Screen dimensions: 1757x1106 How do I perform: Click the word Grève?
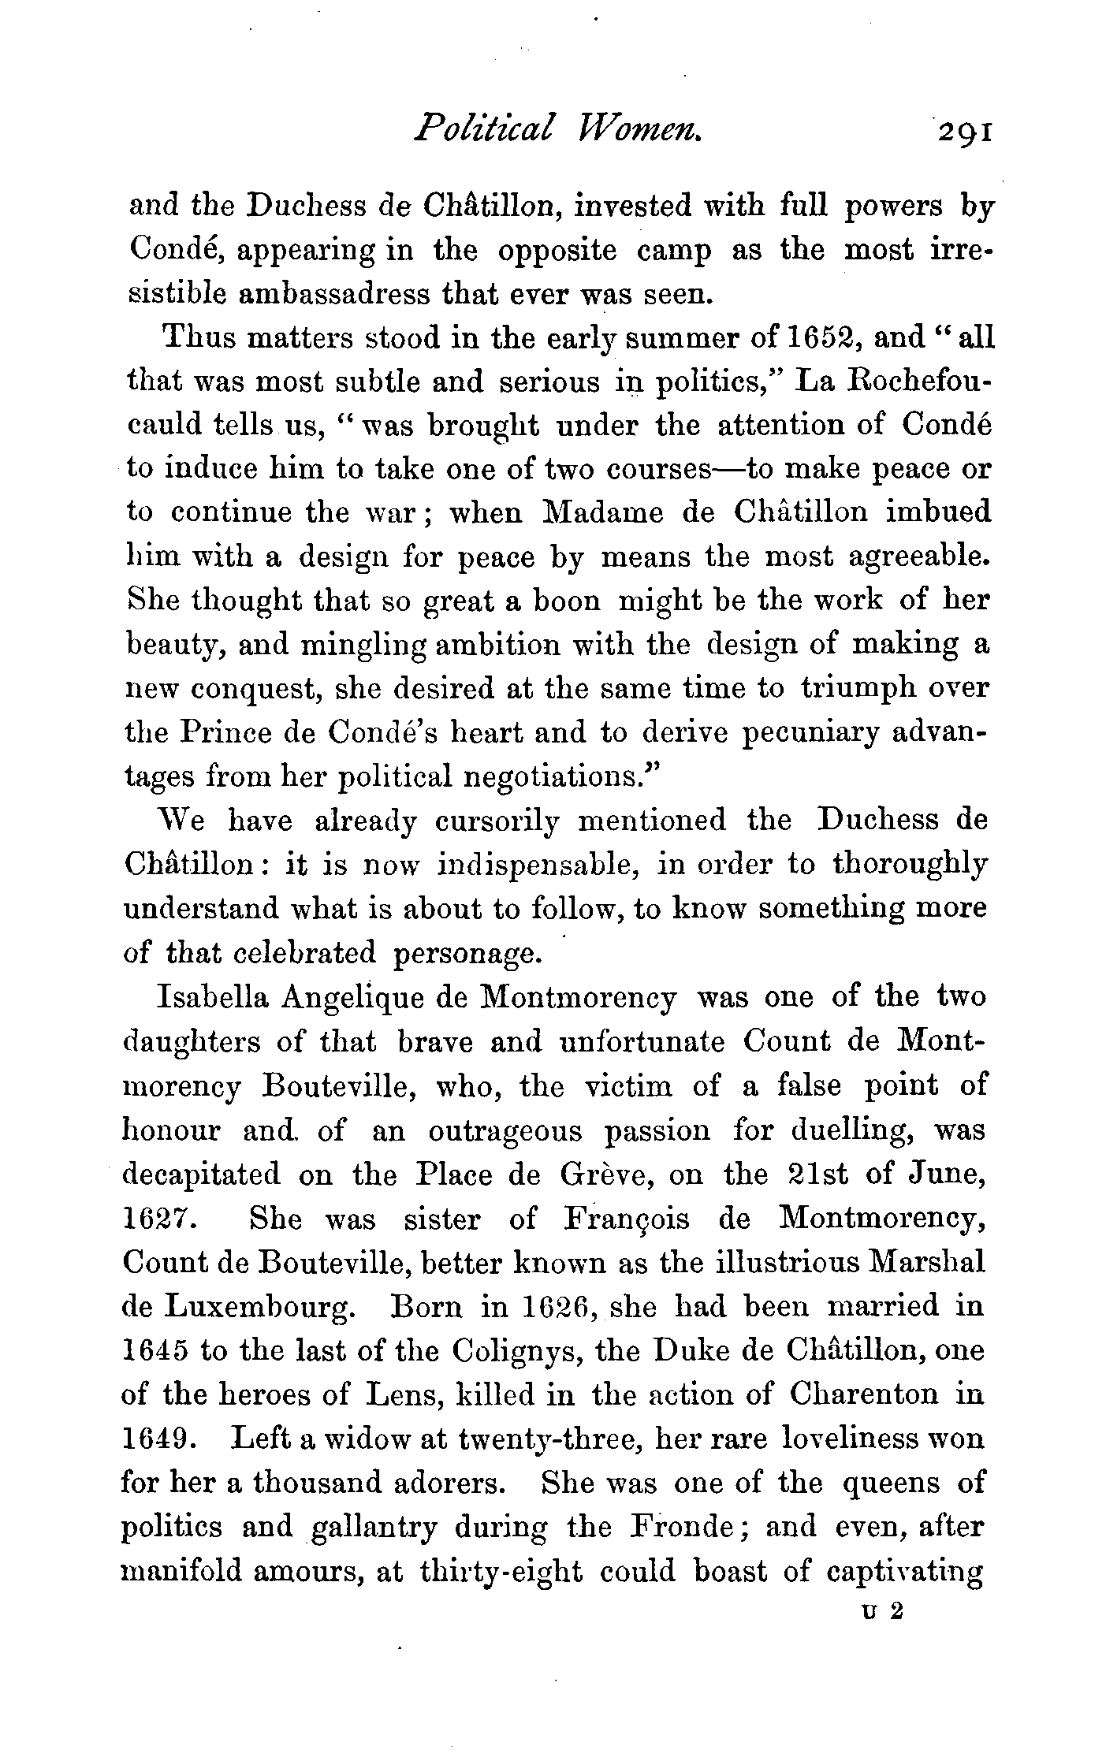605,1174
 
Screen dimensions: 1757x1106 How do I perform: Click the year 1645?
155,1352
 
